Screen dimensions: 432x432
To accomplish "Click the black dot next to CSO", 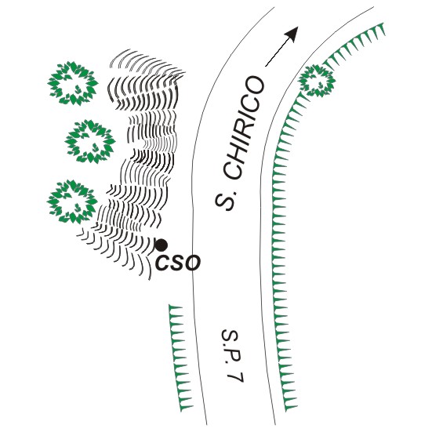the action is pos(162,245).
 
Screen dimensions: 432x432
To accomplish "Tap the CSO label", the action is pos(178,263).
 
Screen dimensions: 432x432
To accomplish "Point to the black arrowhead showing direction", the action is pos(292,34).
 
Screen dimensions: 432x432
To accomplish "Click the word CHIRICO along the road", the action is pos(243,127).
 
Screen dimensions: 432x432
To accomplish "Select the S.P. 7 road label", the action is pos(233,355).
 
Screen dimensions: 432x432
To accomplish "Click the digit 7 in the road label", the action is pos(236,376).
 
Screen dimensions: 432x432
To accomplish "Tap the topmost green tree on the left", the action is pos(73,83).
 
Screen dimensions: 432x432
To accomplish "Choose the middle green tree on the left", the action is pos(90,141).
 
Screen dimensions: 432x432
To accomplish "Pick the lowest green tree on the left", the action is pos(72,201).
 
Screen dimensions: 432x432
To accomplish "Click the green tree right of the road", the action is pos(317,81).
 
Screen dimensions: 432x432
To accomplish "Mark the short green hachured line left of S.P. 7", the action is pos(180,358).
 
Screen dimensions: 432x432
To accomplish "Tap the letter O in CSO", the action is pos(192,263).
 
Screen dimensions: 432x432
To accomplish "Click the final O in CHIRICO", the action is pos(253,85).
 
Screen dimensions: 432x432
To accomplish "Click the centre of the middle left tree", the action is pos(90,141).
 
